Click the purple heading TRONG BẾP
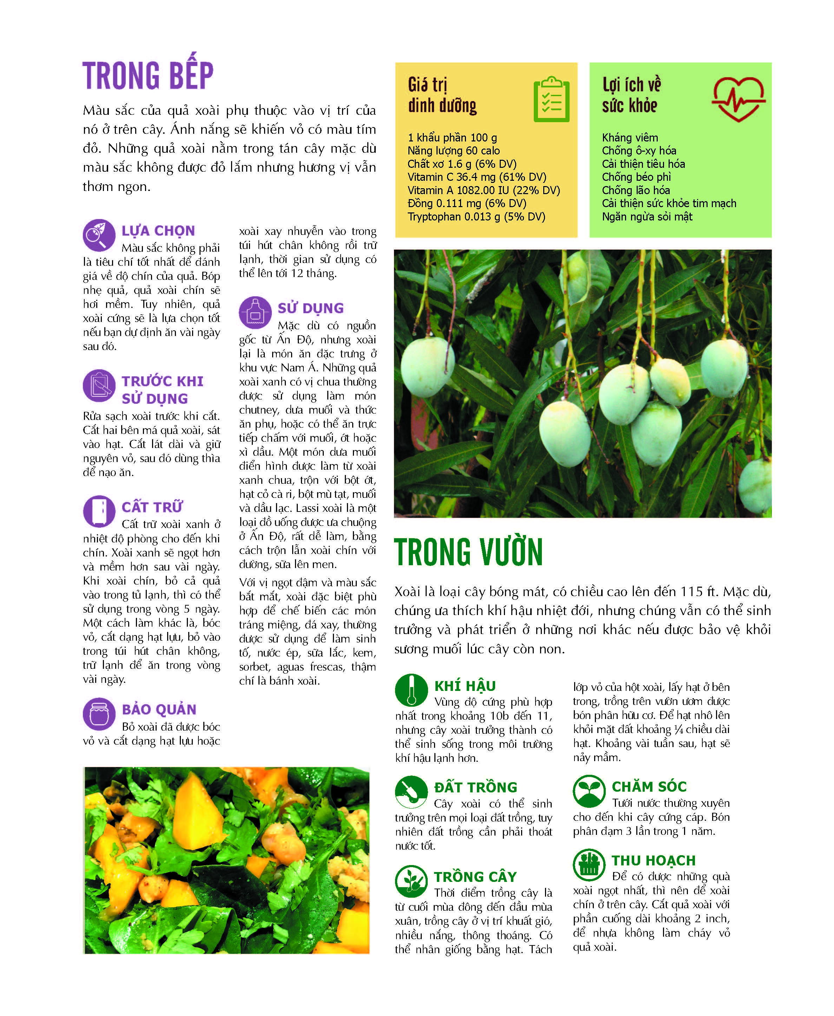[147, 75]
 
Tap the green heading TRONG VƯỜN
[468, 553]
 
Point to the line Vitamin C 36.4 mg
[477, 177]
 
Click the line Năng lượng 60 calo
[453, 151]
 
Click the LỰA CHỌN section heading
[158, 231]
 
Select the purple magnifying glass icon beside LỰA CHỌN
[99, 235]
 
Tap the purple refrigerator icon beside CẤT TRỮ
[99, 511]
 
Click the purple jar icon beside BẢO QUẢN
[99, 714]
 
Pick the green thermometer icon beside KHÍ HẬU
[411, 690]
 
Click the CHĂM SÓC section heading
[649, 786]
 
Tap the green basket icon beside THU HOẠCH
[589, 865]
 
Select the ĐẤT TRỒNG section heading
[475, 787]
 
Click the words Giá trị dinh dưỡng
[442, 95]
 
